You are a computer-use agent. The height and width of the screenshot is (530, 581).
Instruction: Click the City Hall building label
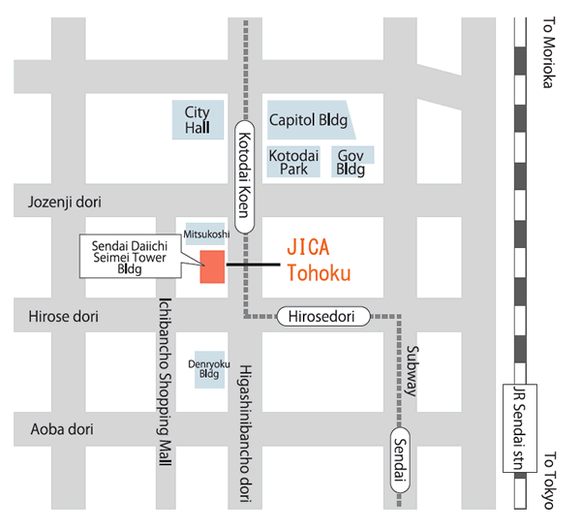[197, 121]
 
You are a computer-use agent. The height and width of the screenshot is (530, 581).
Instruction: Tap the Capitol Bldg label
[308, 121]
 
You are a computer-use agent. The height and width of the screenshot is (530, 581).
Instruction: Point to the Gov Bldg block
[351, 162]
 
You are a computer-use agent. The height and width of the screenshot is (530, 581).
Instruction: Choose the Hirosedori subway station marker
[325, 316]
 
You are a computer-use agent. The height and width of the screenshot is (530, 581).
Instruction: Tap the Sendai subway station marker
[401, 458]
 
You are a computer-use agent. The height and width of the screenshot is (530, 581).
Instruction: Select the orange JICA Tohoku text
[319, 260]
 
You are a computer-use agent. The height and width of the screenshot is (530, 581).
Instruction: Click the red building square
[212, 265]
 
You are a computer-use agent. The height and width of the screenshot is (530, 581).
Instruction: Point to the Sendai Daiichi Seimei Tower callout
[128, 256]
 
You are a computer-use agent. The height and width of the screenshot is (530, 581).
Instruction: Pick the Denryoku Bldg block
[209, 370]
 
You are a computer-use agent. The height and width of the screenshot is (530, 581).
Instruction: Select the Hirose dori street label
[64, 317]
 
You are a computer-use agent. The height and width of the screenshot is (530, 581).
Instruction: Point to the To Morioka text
[549, 54]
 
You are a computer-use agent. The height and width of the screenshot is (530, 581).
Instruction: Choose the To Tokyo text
[549, 480]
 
